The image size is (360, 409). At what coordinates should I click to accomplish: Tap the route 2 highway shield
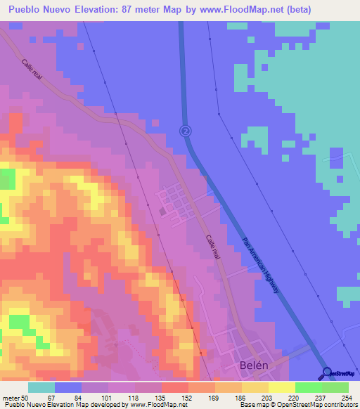tap(185, 131)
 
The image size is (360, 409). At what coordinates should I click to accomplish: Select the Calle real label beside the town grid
tap(213, 248)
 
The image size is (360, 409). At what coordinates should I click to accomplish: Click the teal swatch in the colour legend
tap(41, 387)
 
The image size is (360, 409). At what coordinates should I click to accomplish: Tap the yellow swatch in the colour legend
tap(281, 387)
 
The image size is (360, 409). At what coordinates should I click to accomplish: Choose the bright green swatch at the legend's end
tap(335, 387)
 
